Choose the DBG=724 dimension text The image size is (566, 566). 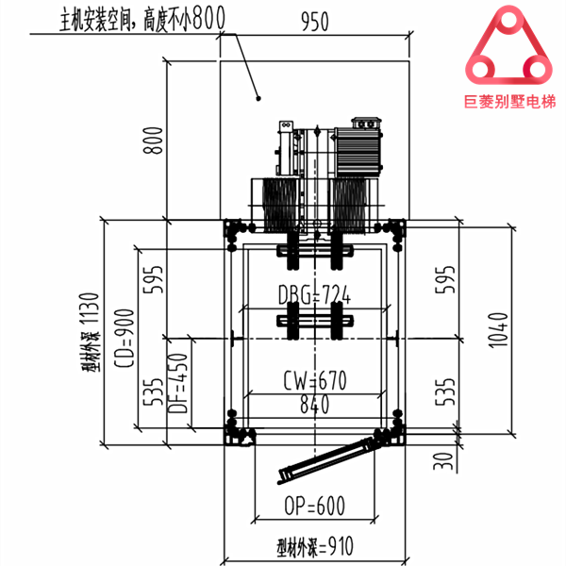(314, 294)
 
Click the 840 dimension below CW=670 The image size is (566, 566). (313, 406)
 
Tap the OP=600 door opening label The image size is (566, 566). (313, 506)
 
